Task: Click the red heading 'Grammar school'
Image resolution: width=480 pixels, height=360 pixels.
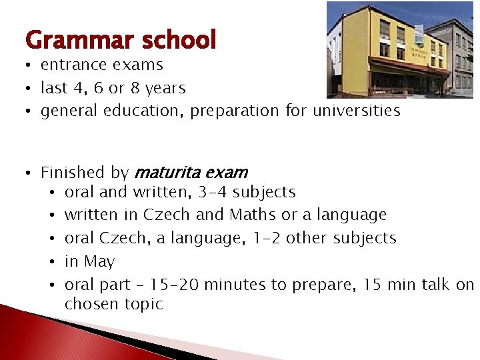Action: pyautogui.click(x=121, y=41)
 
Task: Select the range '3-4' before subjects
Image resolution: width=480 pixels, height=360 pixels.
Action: pyautogui.click(x=213, y=192)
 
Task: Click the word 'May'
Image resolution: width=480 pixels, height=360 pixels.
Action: pyautogui.click(x=99, y=262)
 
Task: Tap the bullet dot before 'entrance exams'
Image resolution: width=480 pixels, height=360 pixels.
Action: pyautogui.click(x=29, y=65)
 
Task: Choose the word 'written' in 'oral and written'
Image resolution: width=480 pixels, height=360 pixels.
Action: pyautogui.click(x=159, y=192)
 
